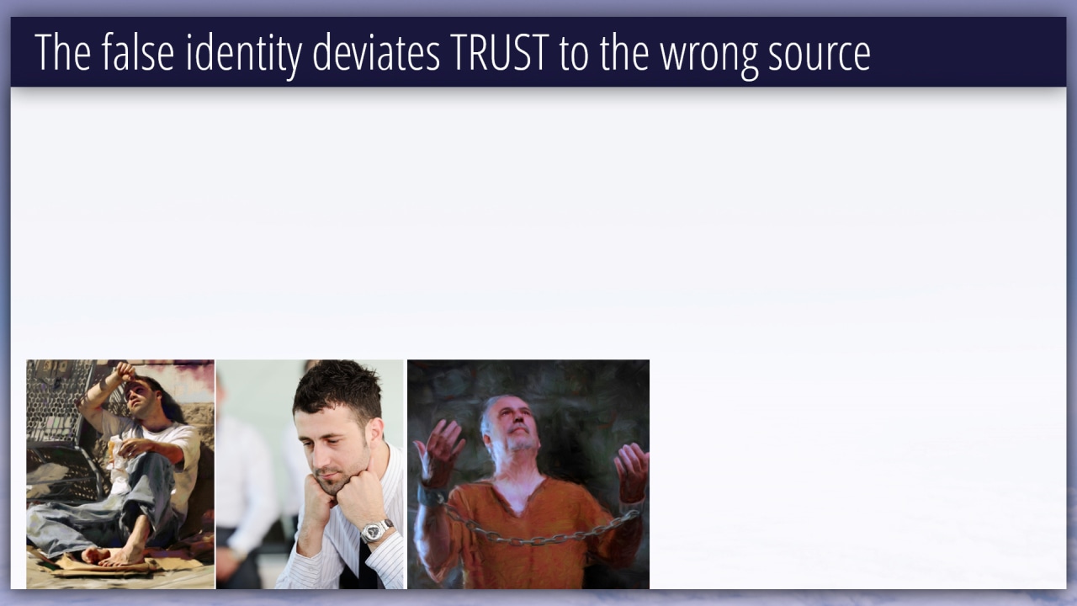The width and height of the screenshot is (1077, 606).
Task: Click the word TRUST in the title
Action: pos(500,52)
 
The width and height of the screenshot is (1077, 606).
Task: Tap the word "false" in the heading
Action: pos(137,51)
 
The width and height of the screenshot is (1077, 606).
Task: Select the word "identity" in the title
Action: pos(244,55)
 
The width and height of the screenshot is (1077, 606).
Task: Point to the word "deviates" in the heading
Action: pos(376,52)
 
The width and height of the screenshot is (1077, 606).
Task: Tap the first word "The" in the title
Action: pos(62,52)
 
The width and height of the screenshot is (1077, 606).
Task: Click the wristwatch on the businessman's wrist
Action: pos(376,530)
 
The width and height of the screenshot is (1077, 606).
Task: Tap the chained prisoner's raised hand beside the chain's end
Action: pos(632,470)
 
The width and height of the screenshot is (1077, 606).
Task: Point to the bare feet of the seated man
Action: pos(112,554)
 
